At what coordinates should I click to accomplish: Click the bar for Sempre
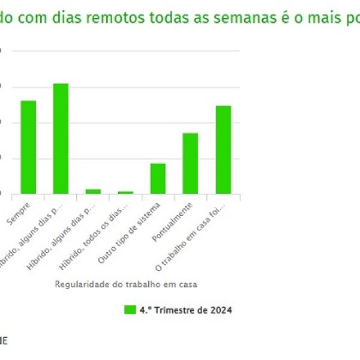tap(28, 147)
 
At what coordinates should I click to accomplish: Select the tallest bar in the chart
tap(61, 139)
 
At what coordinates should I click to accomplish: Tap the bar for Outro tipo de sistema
tap(158, 178)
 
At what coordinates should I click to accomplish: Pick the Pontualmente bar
tap(190, 163)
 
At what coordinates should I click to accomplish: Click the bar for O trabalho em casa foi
tap(223, 149)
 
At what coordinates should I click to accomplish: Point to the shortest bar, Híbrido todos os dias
tap(125, 193)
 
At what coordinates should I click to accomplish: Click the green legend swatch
tap(130, 310)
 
